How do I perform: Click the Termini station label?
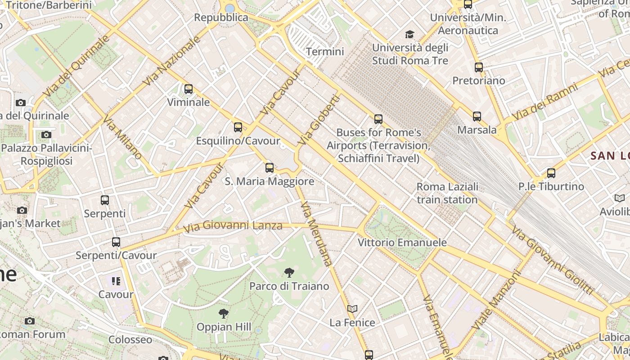point(325,52)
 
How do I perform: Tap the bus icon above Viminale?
point(189,89)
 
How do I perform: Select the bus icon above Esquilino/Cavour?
point(238,127)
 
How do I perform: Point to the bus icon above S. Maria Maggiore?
point(270,168)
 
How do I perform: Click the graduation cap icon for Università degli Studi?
point(409,34)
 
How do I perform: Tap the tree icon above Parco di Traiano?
point(289,272)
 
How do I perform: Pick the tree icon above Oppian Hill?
point(224,313)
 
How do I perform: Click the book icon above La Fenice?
point(352,309)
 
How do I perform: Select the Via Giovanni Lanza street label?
point(233,225)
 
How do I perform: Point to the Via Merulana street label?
point(316,234)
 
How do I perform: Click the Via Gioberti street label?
point(318,119)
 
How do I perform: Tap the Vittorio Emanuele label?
point(402,243)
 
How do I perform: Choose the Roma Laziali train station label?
point(447,193)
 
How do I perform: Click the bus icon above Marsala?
point(477,117)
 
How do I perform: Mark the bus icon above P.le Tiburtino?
point(551,173)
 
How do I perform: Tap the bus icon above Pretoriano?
point(479,67)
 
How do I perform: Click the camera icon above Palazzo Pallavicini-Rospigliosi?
point(46,135)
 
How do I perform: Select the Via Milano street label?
point(122,138)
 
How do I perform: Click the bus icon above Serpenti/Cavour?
point(116,242)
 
